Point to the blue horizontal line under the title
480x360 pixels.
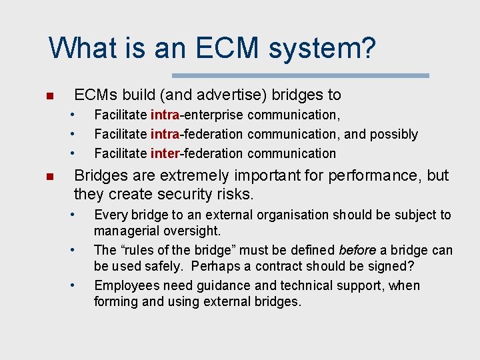[x=301, y=75]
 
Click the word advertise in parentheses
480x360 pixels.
[x=211, y=95]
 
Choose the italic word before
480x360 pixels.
[x=357, y=251]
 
